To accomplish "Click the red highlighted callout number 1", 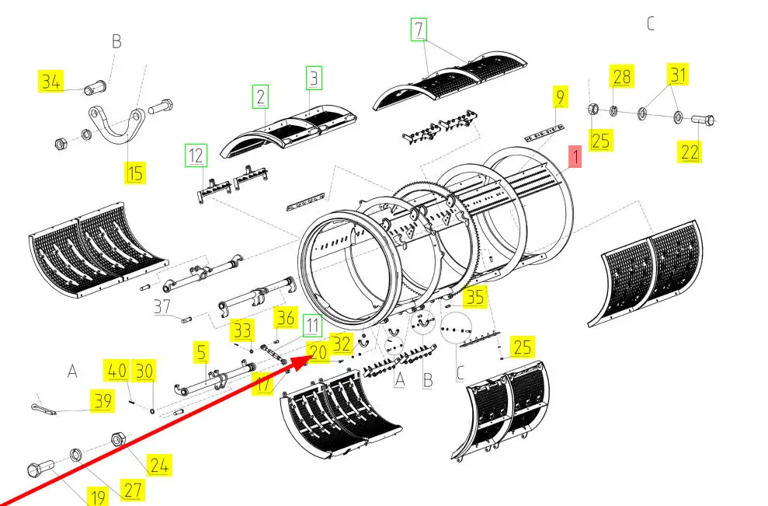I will [x=575, y=158].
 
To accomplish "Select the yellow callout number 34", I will [x=52, y=80].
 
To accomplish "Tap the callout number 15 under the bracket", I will [x=136, y=172].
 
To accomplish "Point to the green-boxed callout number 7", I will [x=419, y=30].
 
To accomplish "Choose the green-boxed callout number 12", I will [x=196, y=155].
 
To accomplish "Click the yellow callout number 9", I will [x=559, y=97].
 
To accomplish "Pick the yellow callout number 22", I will [x=690, y=152].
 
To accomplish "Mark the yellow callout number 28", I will [x=622, y=76].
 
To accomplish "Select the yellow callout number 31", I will [x=679, y=75].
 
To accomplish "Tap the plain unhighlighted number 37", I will [x=162, y=306].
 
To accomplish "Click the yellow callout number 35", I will [x=474, y=297].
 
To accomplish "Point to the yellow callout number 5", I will [x=201, y=353].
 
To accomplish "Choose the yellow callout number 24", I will [x=158, y=466].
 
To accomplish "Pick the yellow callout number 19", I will [x=97, y=495].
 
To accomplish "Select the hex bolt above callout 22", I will [x=702, y=120].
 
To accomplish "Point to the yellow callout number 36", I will [x=286, y=317].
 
